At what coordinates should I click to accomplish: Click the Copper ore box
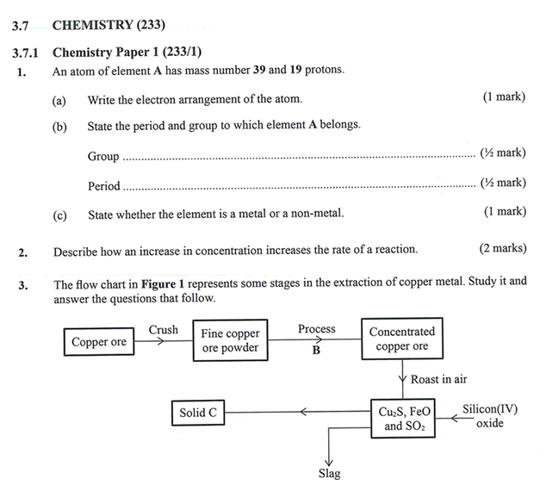pyautogui.click(x=99, y=342)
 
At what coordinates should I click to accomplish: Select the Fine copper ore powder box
pyautogui.click(x=230, y=341)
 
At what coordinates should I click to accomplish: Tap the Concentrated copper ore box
pyautogui.click(x=402, y=339)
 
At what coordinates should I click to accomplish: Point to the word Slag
pyautogui.click(x=329, y=473)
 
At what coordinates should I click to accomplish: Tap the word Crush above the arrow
pyautogui.click(x=164, y=330)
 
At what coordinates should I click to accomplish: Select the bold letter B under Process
pyautogui.click(x=316, y=351)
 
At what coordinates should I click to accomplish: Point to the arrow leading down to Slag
pyautogui.click(x=329, y=448)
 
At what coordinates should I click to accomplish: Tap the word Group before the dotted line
pyautogui.click(x=103, y=157)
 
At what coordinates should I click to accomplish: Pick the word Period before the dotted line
pyautogui.click(x=104, y=186)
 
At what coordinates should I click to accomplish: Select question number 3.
pyautogui.click(x=22, y=284)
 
